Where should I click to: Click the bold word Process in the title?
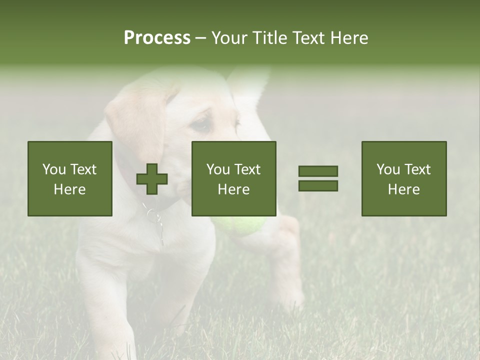tap(157, 38)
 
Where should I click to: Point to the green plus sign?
tap(152, 179)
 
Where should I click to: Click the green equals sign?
tap(318, 178)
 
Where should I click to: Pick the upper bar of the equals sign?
tap(318, 171)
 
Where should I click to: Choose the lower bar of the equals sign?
tap(318, 185)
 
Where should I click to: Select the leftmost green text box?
tap(70, 178)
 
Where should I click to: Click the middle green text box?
tap(233, 178)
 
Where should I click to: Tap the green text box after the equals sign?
tap(404, 178)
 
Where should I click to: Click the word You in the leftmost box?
tap(54, 169)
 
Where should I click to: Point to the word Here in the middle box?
tap(233, 189)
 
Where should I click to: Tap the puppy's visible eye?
tap(202, 124)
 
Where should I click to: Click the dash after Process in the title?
tap(200, 38)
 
